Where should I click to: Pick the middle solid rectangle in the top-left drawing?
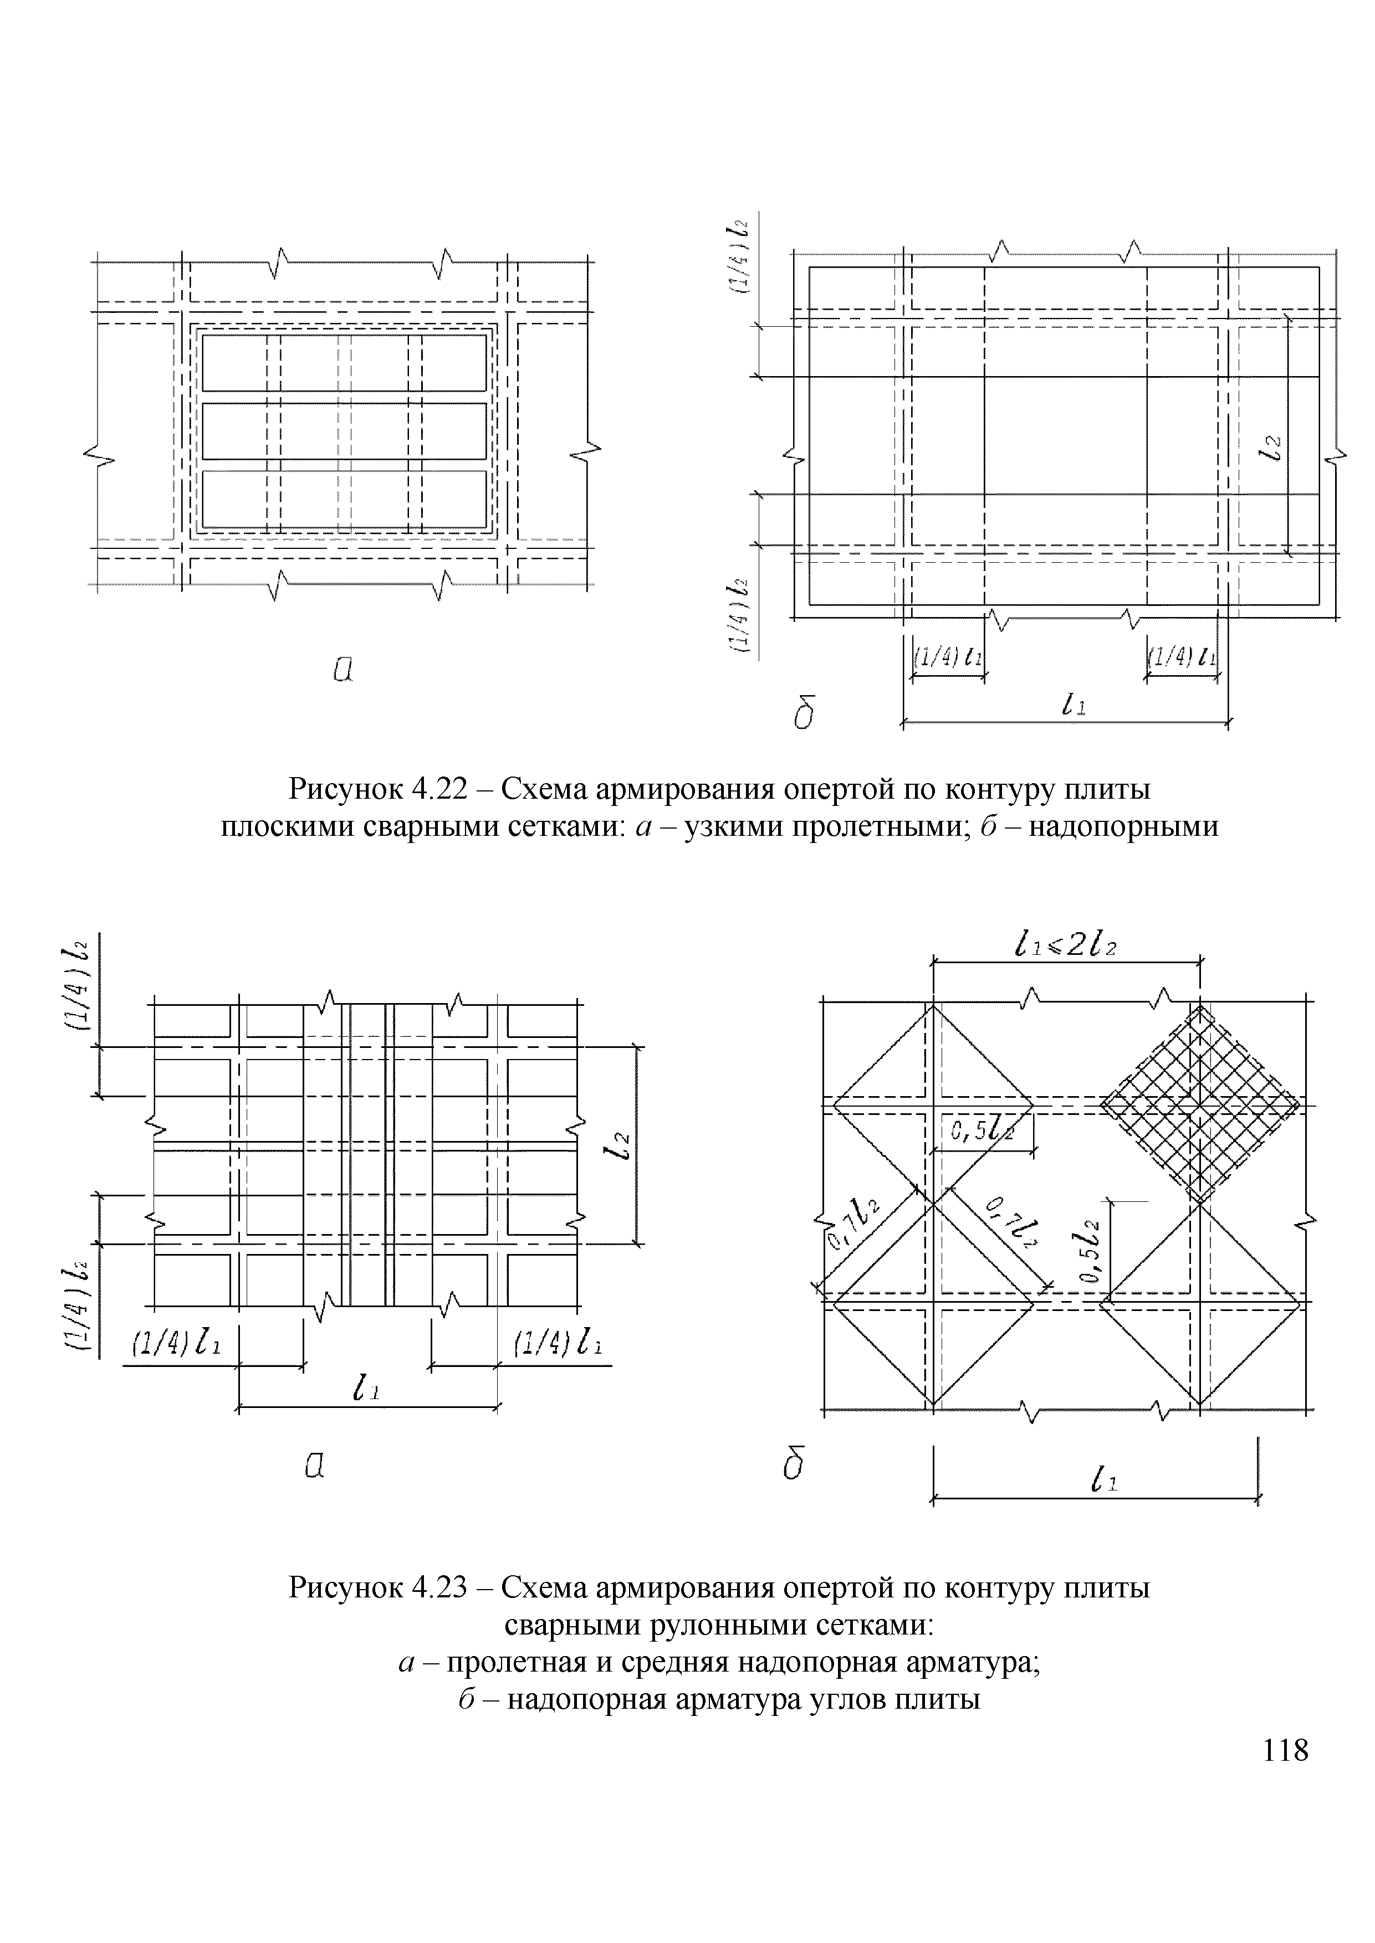[344, 431]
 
